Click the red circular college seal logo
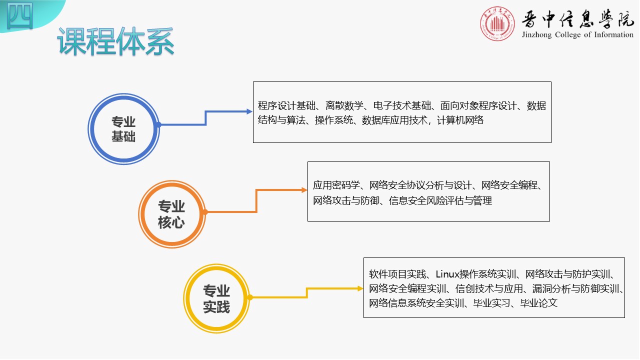pos(497,23)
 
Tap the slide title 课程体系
pos(115,41)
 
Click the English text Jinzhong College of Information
pos(577,35)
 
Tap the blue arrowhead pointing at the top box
pos(249,111)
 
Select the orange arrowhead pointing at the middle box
pos(304,190)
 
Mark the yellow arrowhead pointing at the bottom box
pos(360,288)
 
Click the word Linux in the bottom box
pos(447,274)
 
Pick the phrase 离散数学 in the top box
pos(344,105)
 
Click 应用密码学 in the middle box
pos(336,185)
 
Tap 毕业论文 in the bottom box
pos(539,303)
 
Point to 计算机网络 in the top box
pos(460,120)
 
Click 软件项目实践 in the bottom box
pos(397,274)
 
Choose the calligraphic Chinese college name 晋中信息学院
pos(577,19)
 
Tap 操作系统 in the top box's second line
pos(333,120)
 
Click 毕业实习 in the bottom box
pos(491,303)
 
